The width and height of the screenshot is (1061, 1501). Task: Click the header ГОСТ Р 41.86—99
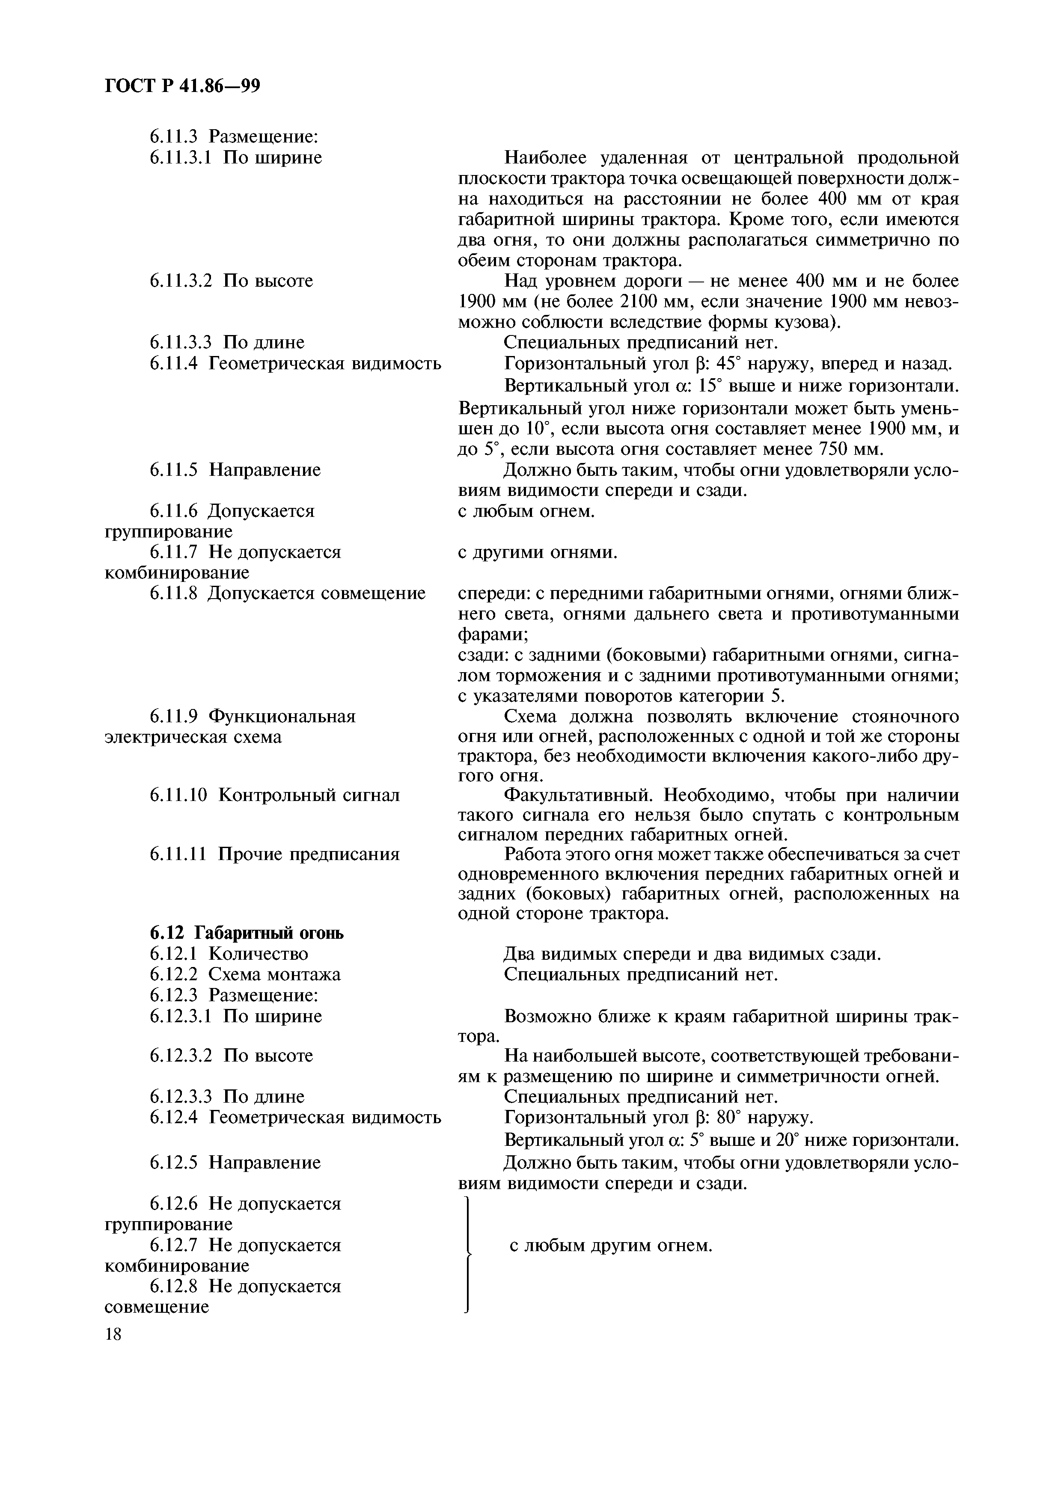click(x=182, y=86)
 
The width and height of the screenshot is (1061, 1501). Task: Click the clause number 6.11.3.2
click(x=181, y=281)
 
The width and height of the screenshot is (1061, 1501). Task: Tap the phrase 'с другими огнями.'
click(x=538, y=552)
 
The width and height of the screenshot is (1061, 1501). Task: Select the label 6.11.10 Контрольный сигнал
click(x=275, y=795)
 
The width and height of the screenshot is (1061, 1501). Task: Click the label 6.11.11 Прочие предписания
click(x=275, y=854)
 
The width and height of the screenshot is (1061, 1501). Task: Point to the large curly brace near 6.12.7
click(x=468, y=1254)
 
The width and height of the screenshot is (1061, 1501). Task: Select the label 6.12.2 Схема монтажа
click(x=245, y=975)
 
